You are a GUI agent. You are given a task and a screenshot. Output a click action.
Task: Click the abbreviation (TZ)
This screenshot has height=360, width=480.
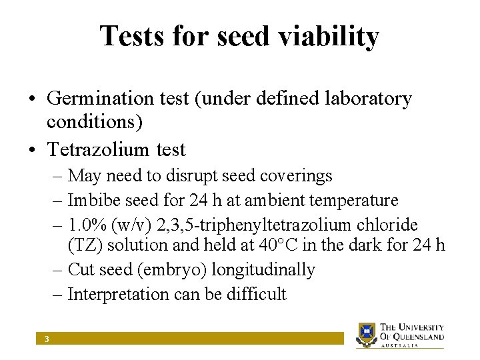(x=85, y=245)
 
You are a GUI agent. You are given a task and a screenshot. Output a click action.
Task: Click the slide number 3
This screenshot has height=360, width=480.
(x=47, y=339)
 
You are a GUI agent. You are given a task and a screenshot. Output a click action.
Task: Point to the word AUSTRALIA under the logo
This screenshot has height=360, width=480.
(x=400, y=345)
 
